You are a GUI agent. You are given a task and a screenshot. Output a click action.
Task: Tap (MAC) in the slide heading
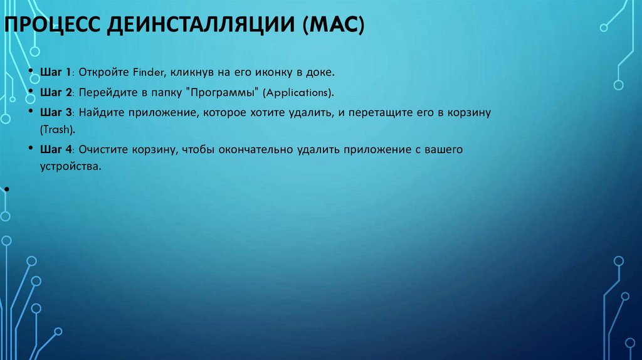tap(336, 28)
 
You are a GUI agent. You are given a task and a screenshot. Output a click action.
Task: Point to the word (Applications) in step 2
tap(298, 92)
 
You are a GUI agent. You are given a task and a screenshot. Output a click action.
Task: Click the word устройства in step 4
tap(70, 167)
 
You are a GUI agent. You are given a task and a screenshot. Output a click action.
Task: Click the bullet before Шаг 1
tap(31, 73)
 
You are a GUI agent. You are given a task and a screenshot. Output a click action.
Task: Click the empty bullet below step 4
tap(6, 188)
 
